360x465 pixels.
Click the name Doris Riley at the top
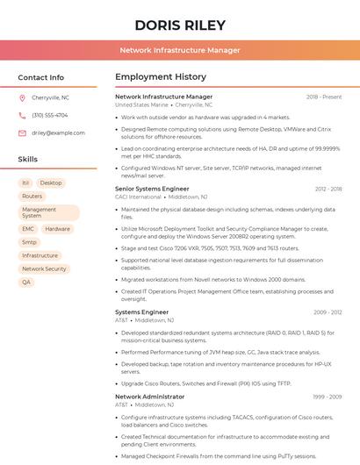pyautogui.click(x=179, y=24)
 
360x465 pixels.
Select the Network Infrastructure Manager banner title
pyautogui.click(x=179, y=50)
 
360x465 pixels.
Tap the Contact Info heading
pyautogui.click(x=41, y=77)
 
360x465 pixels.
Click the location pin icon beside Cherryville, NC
pyautogui.click(x=22, y=97)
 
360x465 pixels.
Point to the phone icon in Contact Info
pyautogui.click(x=22, y=115)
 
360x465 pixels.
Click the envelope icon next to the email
pyautogui.click(x=22, y=132)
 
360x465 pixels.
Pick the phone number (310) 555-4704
pyautogui.click(x=49, y=115)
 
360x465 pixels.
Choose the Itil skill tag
pyautogui.click(x=25, y=182)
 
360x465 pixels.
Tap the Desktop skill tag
pyautogui.click(x=51, y=182)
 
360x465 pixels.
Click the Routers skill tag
pyautogui.click(x=32, y=196)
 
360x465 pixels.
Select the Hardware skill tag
pyautogui.click(x=57, y=228)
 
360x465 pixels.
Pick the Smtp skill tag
pyautogui.click(x=30, y=241)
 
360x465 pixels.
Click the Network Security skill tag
pyautogui.click(x=44, y=268)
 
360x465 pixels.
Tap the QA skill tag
pyautogui.click(x=26, y=282)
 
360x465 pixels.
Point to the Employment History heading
pyautogui.click(x=161, y=77)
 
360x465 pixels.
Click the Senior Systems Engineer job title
pyautogui.click(x=152, y=189)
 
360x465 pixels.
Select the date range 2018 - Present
pyautogui.click(x=324, y=97)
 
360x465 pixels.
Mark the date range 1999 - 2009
pyautogui.click(x=327, y=397)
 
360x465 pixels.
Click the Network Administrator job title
pyautogui.click(x=149, y=397)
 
